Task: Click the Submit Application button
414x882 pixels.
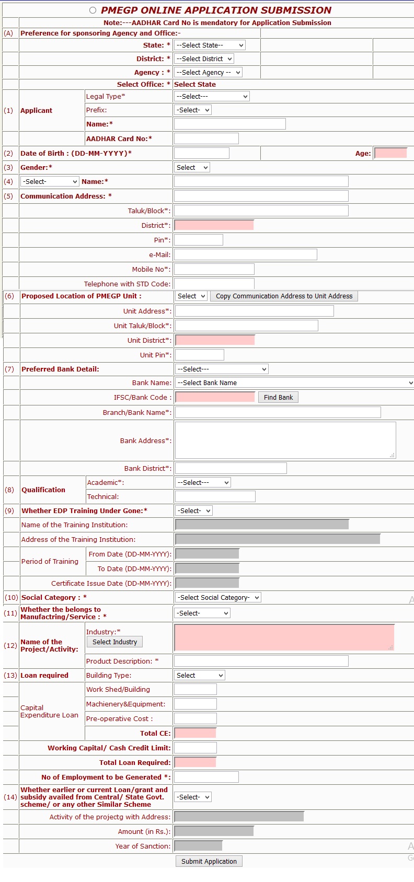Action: coord(209,861)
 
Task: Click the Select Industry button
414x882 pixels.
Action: coord(114,642)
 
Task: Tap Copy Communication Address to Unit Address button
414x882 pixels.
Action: coord(284,296)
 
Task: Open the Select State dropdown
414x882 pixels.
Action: coord(210,45)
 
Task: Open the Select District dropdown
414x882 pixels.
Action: coord(204,59)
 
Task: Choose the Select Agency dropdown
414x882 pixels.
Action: coord(208,73)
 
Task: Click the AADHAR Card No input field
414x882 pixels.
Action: coord(206,138)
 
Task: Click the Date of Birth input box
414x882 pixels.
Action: coord(201,153)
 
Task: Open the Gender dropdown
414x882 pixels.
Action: coord(192,168)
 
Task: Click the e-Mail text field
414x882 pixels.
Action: coord(245,254)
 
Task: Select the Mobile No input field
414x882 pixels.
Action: coord(214,269)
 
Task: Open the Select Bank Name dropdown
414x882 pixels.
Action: coord(294,383)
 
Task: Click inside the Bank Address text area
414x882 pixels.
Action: coord(285,440)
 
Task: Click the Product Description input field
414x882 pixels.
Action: coord(261,661)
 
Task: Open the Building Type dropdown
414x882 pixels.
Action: coord(199,676)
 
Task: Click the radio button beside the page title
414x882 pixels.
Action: coord(93,10)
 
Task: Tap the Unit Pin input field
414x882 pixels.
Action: coord(199,355)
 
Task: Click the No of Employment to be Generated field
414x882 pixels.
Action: coord(206,777)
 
